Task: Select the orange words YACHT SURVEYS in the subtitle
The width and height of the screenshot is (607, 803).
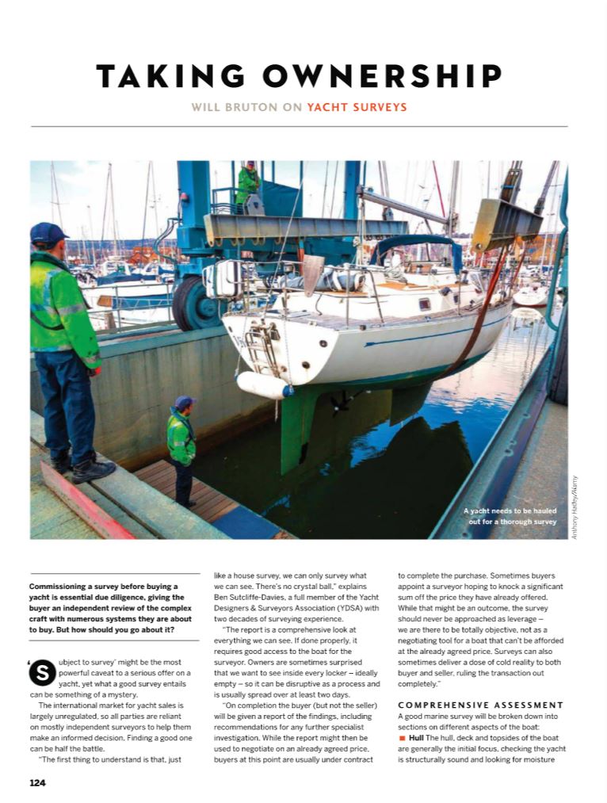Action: [x=357, y=106]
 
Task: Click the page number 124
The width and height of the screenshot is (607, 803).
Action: [x=37, y=783]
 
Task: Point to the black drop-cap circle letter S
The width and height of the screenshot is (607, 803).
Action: [x=41, y=671]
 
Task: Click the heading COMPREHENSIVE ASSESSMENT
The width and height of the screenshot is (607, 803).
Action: [x=481, y=705]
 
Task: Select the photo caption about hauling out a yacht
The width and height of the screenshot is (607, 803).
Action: [x=510, y=516]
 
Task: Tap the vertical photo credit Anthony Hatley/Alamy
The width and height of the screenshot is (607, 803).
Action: [x=575, y=508]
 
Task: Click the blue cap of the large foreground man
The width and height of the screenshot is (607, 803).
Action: [x=48, y=232]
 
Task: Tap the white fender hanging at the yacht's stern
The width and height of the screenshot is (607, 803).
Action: [x=264, y=385]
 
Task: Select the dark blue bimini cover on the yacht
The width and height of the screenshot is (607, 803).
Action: [x=417, y=249]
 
